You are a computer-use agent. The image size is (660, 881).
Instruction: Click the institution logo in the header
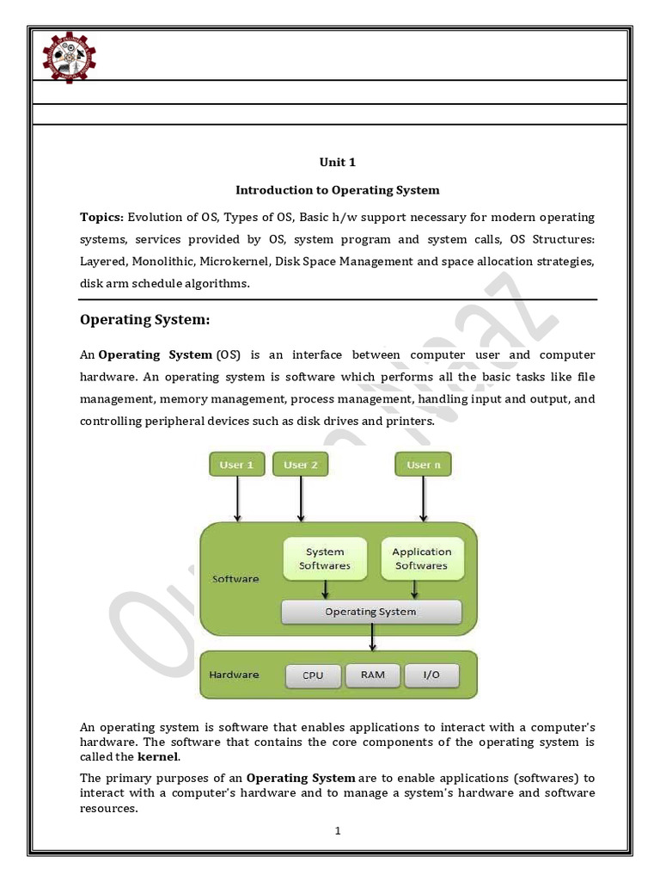pyautogui.click(x=69, y=58)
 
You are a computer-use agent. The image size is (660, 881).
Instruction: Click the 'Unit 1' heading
pyautogui.click(x=338, y=162)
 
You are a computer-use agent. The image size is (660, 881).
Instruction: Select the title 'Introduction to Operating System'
pyautogui.click(x=338, y=189)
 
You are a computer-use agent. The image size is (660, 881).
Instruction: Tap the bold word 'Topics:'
pyautogui.click(x=102, y=217)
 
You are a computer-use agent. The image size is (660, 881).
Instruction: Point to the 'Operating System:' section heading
pyautogui.click(x=144, y=320)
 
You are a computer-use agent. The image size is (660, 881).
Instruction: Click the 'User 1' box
pyautogui.click(x=237, y=465)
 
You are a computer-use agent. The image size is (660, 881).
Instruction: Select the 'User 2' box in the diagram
pyautogui.click(x=301, y=465)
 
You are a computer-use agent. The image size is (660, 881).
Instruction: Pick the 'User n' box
pyautogui.click(x=423, y=465)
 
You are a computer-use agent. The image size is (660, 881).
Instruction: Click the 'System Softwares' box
pyautogui.click(x=325, y=558)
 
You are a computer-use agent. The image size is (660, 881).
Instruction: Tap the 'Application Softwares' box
pyautogui.click(x=421, y=558)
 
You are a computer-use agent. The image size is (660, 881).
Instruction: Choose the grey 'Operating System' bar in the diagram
pyautogui.click(x=371, y=612)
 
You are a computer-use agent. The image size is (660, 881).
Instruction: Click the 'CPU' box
pyautogui.click(x=313, y=675)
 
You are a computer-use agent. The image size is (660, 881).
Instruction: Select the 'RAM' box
pyautogui.click(x=372, y=675)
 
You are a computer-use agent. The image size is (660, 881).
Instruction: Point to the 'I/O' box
pyautogui.click(x=431, y=675)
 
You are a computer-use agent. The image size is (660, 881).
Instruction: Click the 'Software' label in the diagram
pyautogui.click(x=235, y=579)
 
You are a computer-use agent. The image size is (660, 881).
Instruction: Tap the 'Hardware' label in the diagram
pyautogui.click(x=234, y=675)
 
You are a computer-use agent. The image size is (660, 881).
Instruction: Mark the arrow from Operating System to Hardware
pyautogui.click(x=371, y=638)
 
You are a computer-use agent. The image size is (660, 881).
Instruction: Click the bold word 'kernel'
pyautogui.click(x=158, y=756)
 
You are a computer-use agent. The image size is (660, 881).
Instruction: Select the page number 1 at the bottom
pyautogui.click(x=338, y=831)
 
